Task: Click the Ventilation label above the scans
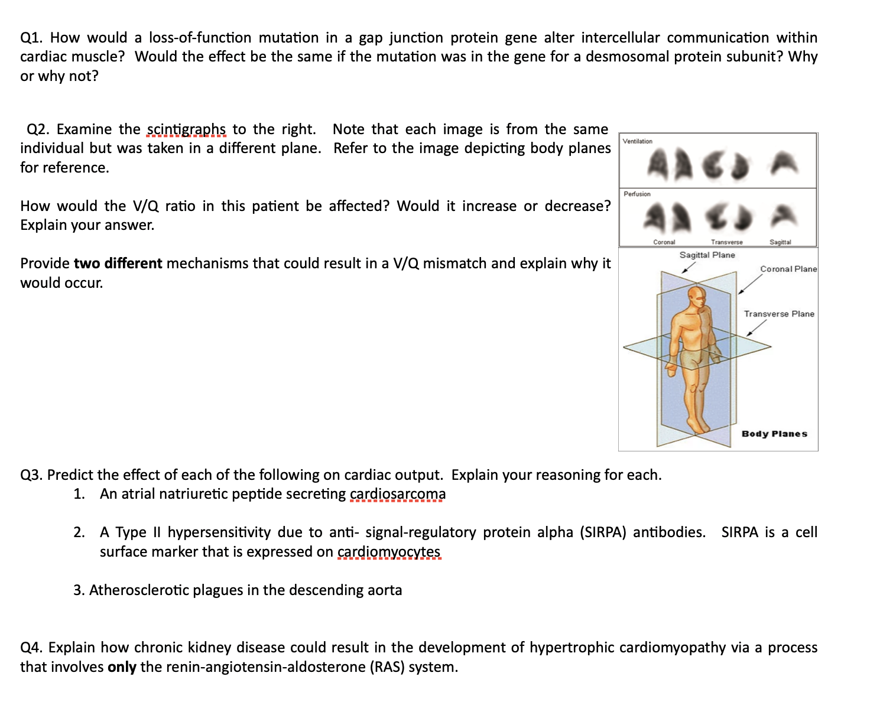click(637, 141)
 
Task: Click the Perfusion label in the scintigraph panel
click(637, 194)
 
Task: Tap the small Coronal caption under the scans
click(664, 242)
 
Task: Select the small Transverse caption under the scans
click(726, 242)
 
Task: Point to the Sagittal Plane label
click(707, 255)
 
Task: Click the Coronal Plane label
click(788, 269)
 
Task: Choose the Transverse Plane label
click(778, 314)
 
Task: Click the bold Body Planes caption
click(774, 434)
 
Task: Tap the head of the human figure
click(697, 297)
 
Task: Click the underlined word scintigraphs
click(186, 129)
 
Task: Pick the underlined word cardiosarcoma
click(398, 494)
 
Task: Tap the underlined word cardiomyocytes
click(388, 552)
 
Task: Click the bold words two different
click(118, 264)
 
